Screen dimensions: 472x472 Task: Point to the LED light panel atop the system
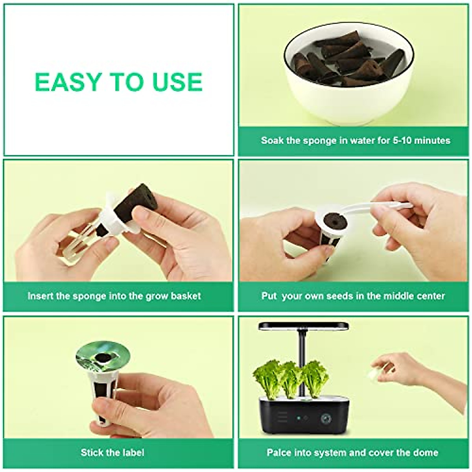(x=303, y=327)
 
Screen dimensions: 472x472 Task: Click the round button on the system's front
(x=326, y=418)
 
